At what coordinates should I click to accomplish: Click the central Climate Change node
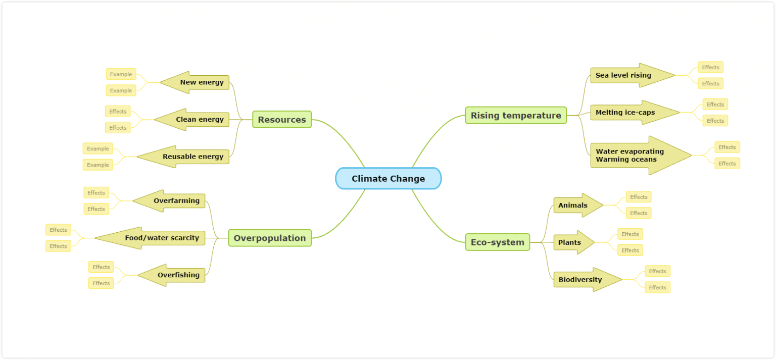388,179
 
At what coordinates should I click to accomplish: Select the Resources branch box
282,120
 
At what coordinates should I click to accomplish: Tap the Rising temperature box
515,116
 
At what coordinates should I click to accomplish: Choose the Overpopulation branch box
270,238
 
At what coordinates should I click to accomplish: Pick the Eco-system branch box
497,242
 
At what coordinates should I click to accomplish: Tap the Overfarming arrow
174,200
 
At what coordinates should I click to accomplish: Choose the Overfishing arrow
176,275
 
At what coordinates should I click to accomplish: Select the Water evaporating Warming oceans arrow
634,156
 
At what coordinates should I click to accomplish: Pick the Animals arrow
575,205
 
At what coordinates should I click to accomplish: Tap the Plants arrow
571,242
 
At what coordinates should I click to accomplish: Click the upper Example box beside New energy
121,74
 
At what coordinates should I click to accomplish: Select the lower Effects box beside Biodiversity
657,287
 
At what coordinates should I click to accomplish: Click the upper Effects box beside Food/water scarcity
58,230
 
